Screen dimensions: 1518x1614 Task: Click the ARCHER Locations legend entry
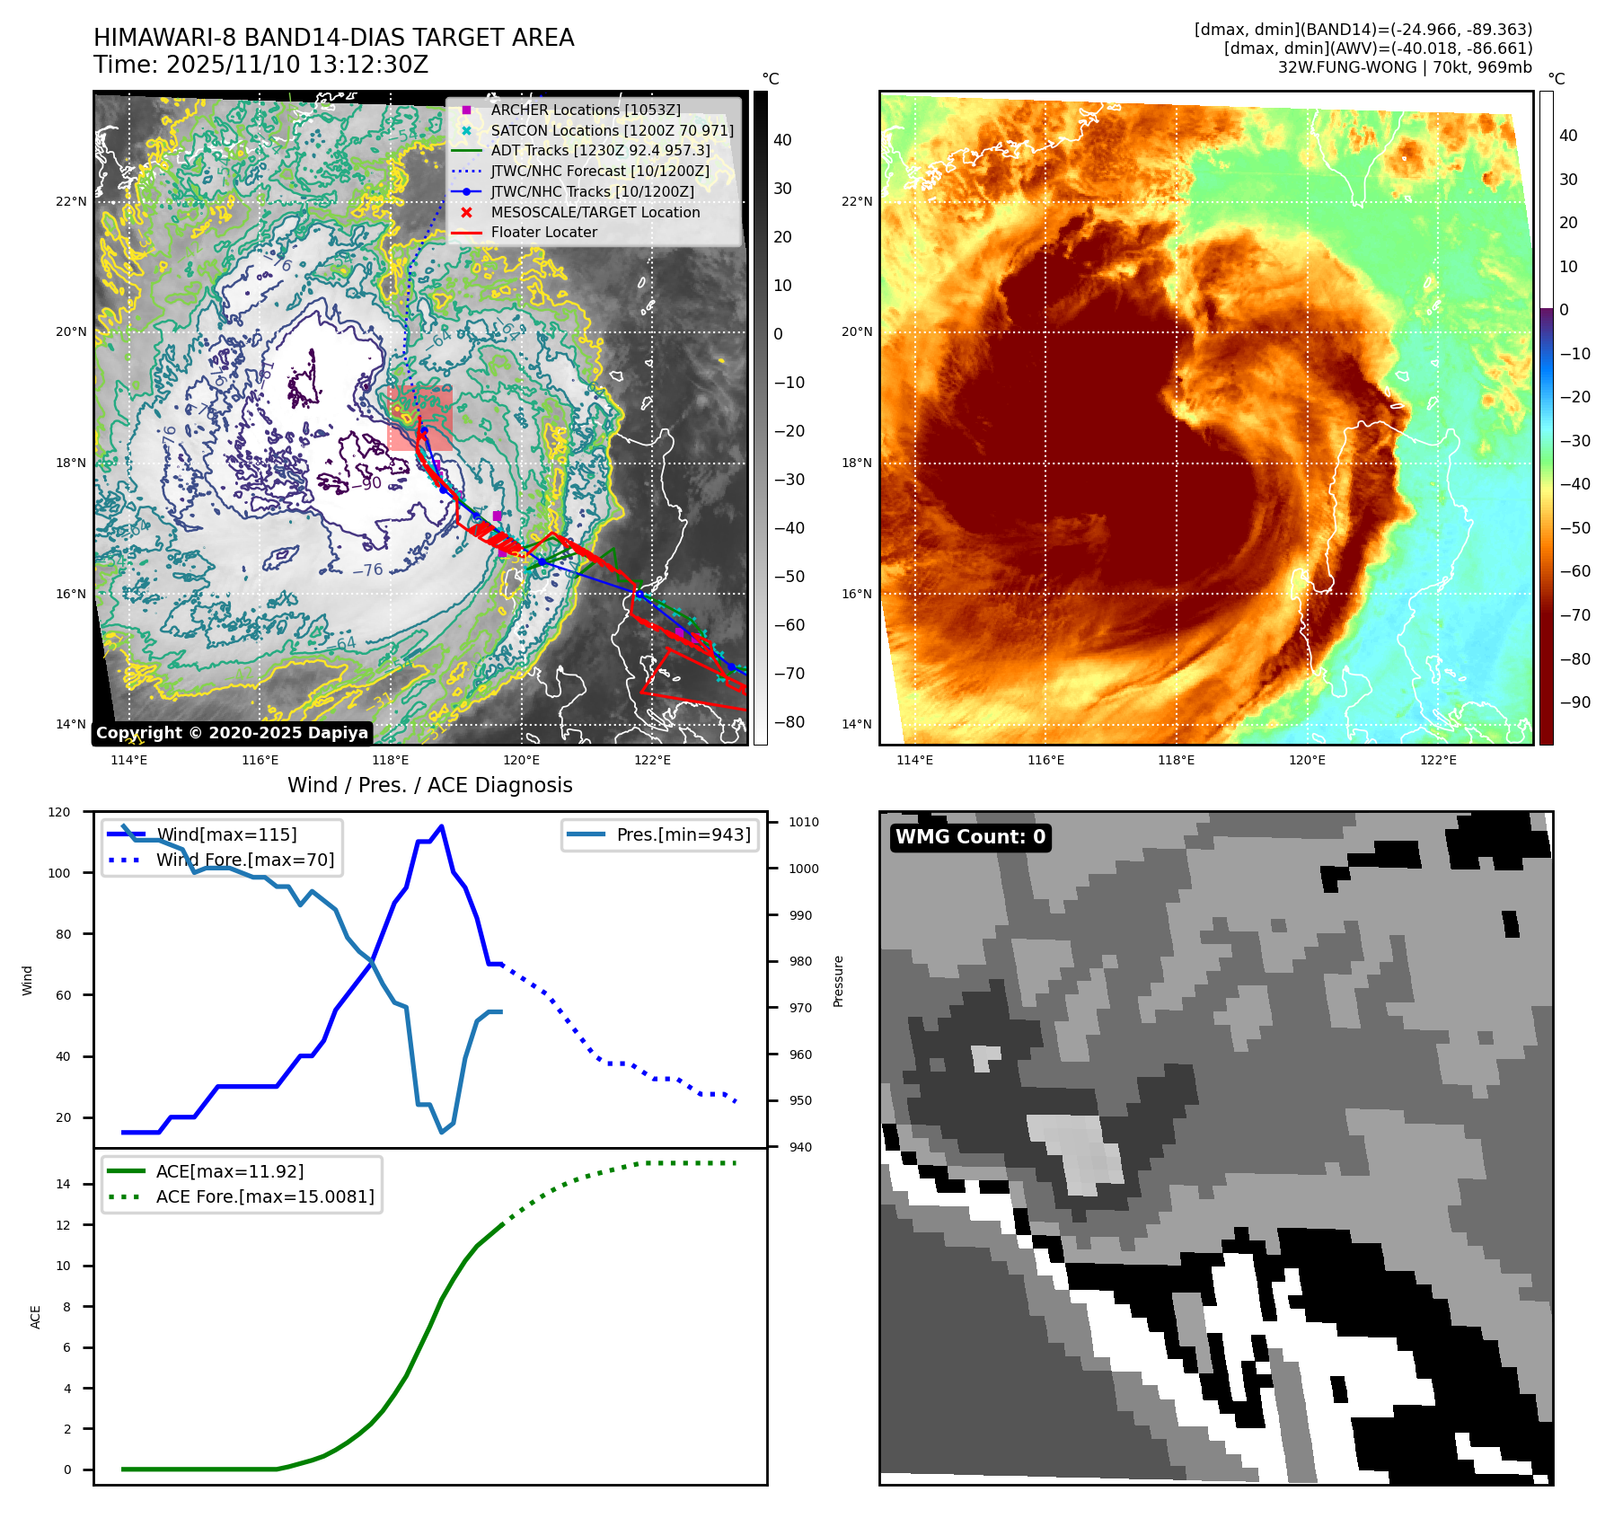point(585,110)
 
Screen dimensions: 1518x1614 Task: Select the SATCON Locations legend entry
point(612,130)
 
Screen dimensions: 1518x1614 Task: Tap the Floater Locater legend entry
point(543,232)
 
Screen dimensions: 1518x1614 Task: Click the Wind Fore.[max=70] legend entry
point(244,860)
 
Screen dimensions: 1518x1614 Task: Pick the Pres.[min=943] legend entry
point(683,834)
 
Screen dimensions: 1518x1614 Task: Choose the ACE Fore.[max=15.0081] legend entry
point(265,1196)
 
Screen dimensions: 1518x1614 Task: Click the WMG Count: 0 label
point(970,837)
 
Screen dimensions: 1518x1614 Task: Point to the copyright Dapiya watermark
point(232,733)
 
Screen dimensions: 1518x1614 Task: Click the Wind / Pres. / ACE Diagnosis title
point(429,785)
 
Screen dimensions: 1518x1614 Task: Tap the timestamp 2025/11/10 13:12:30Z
point(297,65)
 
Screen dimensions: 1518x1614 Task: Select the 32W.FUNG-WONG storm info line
point(1405,67)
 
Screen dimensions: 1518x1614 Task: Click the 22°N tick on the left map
point(71,201)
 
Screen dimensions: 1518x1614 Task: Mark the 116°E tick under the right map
point(1045,760)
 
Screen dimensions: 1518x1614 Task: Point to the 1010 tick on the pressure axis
point(803,822)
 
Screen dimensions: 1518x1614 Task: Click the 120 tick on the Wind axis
point(59,812)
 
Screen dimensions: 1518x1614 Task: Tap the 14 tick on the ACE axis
point(64,1184)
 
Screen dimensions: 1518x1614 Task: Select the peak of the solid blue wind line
point(441,826)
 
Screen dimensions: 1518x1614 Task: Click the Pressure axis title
point(838,981)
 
